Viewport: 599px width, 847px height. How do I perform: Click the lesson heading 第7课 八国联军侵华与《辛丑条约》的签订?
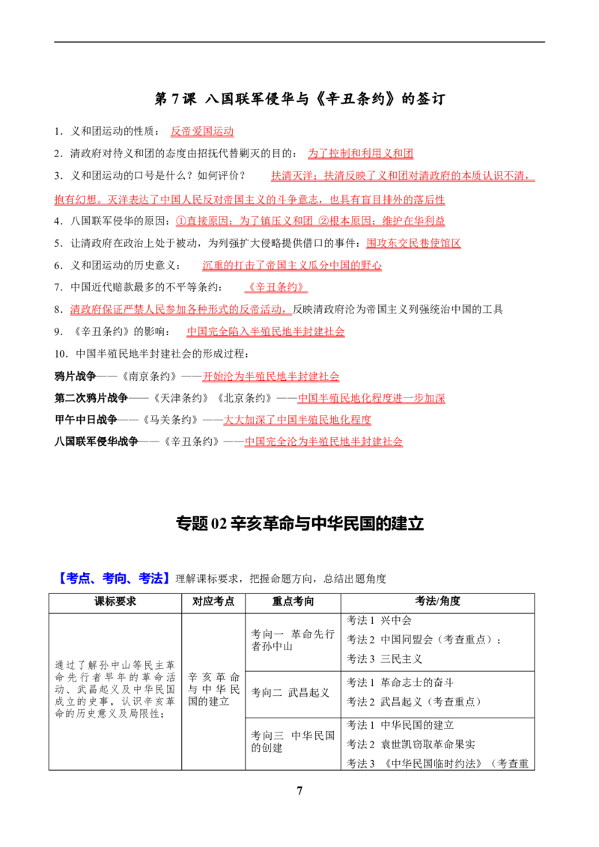tap(299, 99)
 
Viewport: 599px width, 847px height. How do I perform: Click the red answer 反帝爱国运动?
tap(202, 131)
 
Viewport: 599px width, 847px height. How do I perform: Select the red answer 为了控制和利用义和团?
tap(361, 153)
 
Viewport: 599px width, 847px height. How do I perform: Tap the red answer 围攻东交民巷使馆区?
tap(413, 243)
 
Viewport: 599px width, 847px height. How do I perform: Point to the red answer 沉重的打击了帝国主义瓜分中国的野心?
tap(292, 265)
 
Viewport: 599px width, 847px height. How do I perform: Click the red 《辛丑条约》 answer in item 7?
tap(276, 287)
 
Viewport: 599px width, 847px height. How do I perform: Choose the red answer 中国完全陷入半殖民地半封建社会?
tap(266, 331)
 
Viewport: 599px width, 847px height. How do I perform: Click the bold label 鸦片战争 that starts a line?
tap(75, 376)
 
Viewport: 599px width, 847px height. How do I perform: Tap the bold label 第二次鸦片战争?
tap(91, 398)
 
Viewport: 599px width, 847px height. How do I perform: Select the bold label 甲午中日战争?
tap(86, 420)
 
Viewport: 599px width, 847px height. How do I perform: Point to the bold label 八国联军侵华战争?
tap(97, 441)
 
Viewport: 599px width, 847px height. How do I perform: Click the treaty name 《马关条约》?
tap(171, 420)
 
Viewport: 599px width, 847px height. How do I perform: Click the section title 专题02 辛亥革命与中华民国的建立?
tap(299, 524)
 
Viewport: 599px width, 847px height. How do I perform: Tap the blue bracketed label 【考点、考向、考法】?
tap(112, 578)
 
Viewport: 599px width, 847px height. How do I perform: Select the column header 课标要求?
tap(115, 602)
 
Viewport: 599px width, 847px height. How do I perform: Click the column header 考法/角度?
tap(437, 602)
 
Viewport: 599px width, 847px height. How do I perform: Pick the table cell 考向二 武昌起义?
tap(291, 693)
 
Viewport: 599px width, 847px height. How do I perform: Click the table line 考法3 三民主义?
tap(384, 659)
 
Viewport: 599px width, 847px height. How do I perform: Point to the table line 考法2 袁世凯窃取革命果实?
tap(411, 744)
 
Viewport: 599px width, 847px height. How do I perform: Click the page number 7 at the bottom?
tap(299, 791)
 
